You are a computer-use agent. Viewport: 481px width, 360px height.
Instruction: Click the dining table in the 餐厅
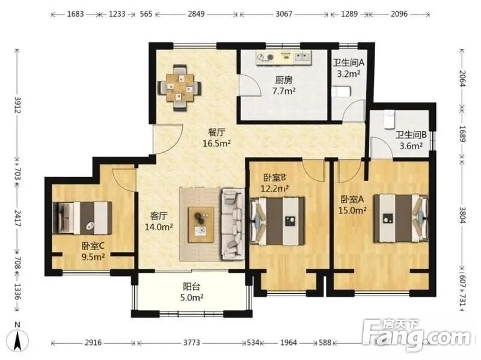pyautogui.click(x=179, y=88)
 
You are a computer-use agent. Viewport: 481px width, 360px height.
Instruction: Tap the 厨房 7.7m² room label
pyautogui.click(x=284, y=85)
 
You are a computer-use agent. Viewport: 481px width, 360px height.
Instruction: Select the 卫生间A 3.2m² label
pyautogui.click(x=349, y=68)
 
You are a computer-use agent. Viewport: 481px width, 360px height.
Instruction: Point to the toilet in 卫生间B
pyautogui.click(x=389, y=119)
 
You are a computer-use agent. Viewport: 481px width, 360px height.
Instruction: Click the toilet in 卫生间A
pyautogui.click(x=341, y=92)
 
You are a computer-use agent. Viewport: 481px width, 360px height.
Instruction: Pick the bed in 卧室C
pyautogui.click(x=82, y=218)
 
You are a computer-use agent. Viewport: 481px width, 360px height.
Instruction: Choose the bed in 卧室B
pyautogui.click(x=278, y=221)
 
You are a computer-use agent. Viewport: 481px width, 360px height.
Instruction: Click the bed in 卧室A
pyautogui.click(x=400, y=218)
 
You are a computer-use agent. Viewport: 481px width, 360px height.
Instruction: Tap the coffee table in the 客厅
pyautogui.click(x=201, y=225)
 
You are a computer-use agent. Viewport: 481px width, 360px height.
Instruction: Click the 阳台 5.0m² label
pyautogui.click(x=192, y=292)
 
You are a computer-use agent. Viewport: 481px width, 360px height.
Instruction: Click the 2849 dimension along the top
pyautogui.click(x=197, y=14)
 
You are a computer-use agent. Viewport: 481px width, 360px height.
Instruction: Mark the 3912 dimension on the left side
pyautogui.click(x=17, y=105)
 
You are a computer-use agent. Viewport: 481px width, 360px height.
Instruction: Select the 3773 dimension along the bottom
pyautogui.click(x=192, y=343)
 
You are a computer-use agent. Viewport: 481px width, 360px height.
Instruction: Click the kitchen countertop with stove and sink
pyautogui.click(x=284, y=57)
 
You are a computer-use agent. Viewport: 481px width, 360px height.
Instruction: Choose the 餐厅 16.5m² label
pyautogui.click(x=216, y=138)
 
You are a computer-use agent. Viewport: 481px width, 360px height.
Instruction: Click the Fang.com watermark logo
pyautogui.click(x=416, y=335)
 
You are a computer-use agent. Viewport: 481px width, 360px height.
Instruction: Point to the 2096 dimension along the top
pyautogui.click(x=399, y=14)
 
